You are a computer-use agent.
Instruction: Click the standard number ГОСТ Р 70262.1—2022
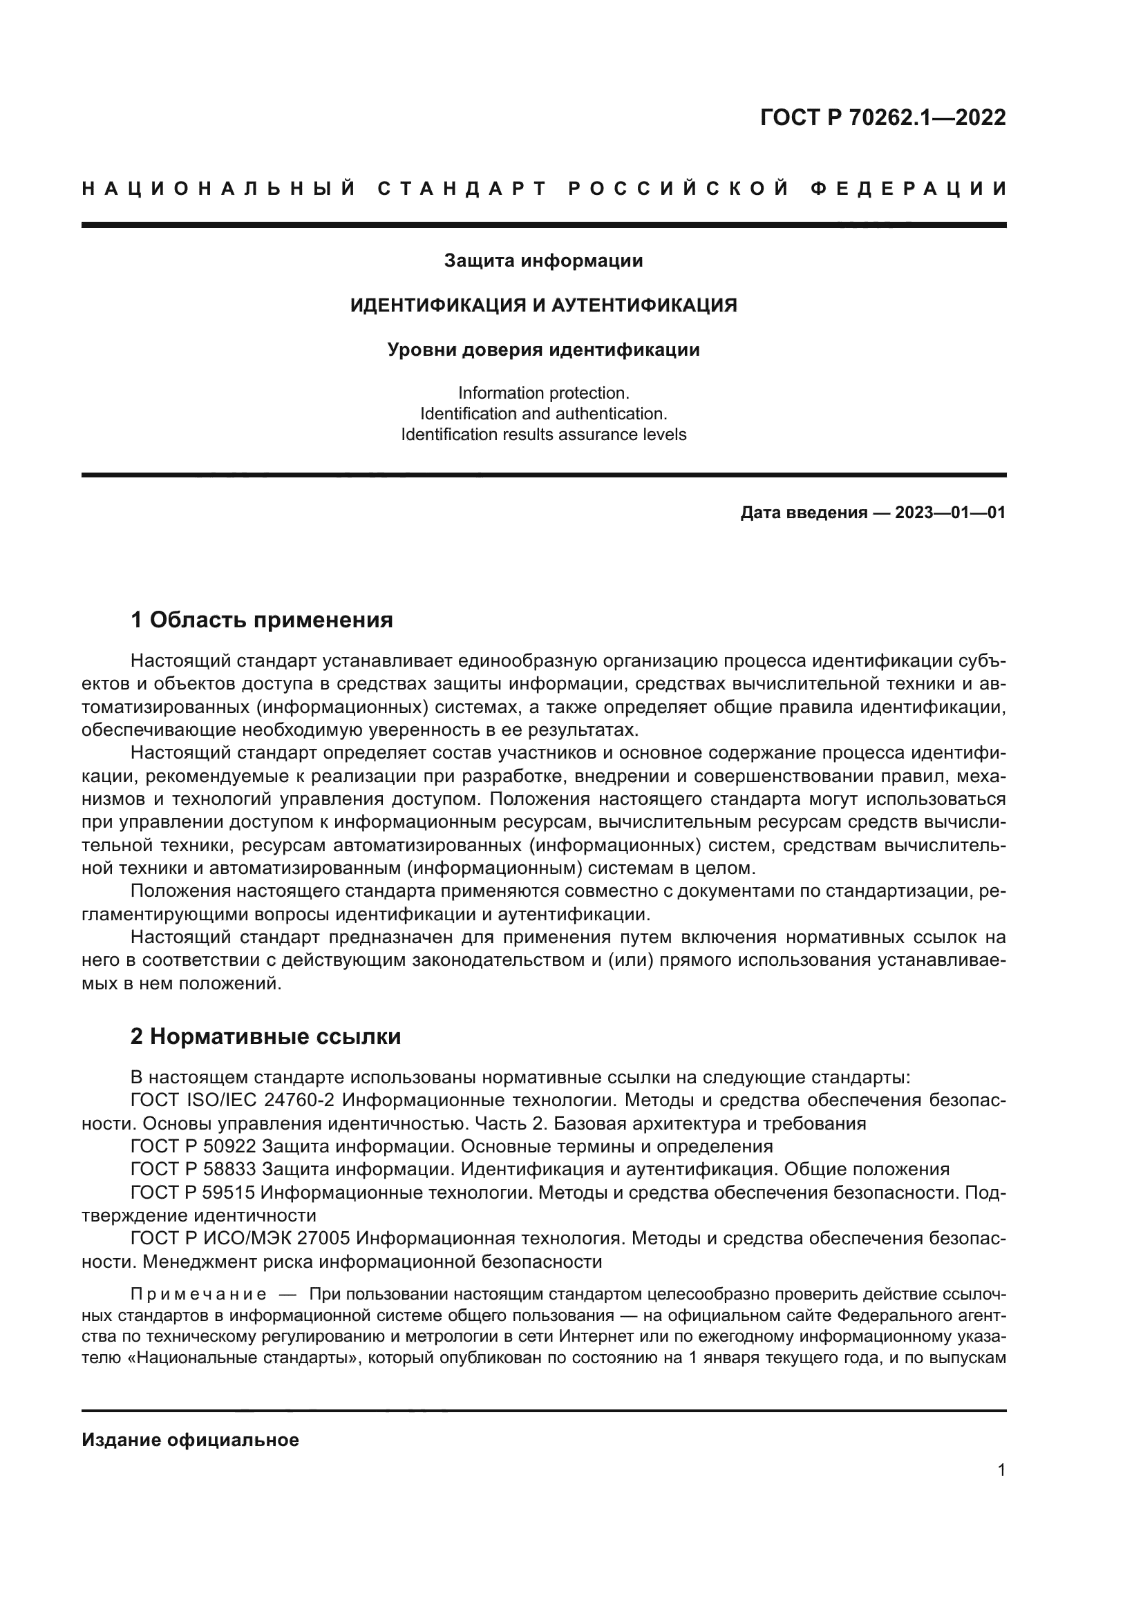(882, 117)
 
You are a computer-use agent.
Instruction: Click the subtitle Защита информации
(543, 261)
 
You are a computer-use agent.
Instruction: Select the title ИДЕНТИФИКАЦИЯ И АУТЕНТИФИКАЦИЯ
(543, 305)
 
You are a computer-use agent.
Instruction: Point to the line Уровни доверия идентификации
(543, 350)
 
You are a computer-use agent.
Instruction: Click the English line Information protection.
(543, 392)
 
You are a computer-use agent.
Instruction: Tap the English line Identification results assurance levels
(543, 435)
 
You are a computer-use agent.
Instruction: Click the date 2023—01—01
(950, 513)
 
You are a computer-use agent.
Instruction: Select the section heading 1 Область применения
(261, 620)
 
